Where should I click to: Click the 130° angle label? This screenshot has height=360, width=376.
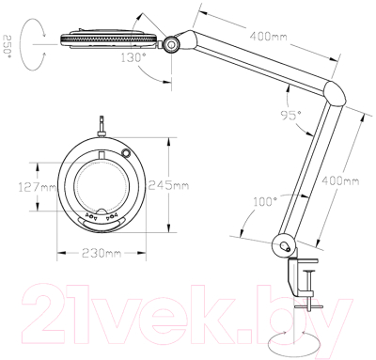tap(134, 58)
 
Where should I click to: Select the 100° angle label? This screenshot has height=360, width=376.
tap(263, 202)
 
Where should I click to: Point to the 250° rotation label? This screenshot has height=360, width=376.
tap(8, 44)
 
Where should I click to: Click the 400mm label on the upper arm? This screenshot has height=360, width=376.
tap(268, 37)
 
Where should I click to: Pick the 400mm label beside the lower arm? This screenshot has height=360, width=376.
tap(340, 181)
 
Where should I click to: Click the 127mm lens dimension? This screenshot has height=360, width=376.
tap(38, 187)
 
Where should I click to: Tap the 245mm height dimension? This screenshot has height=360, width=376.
tap(168, 185)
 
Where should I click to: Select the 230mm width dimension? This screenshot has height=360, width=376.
tap(102, 253)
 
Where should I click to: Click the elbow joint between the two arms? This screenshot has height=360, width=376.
tap(336, 93)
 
